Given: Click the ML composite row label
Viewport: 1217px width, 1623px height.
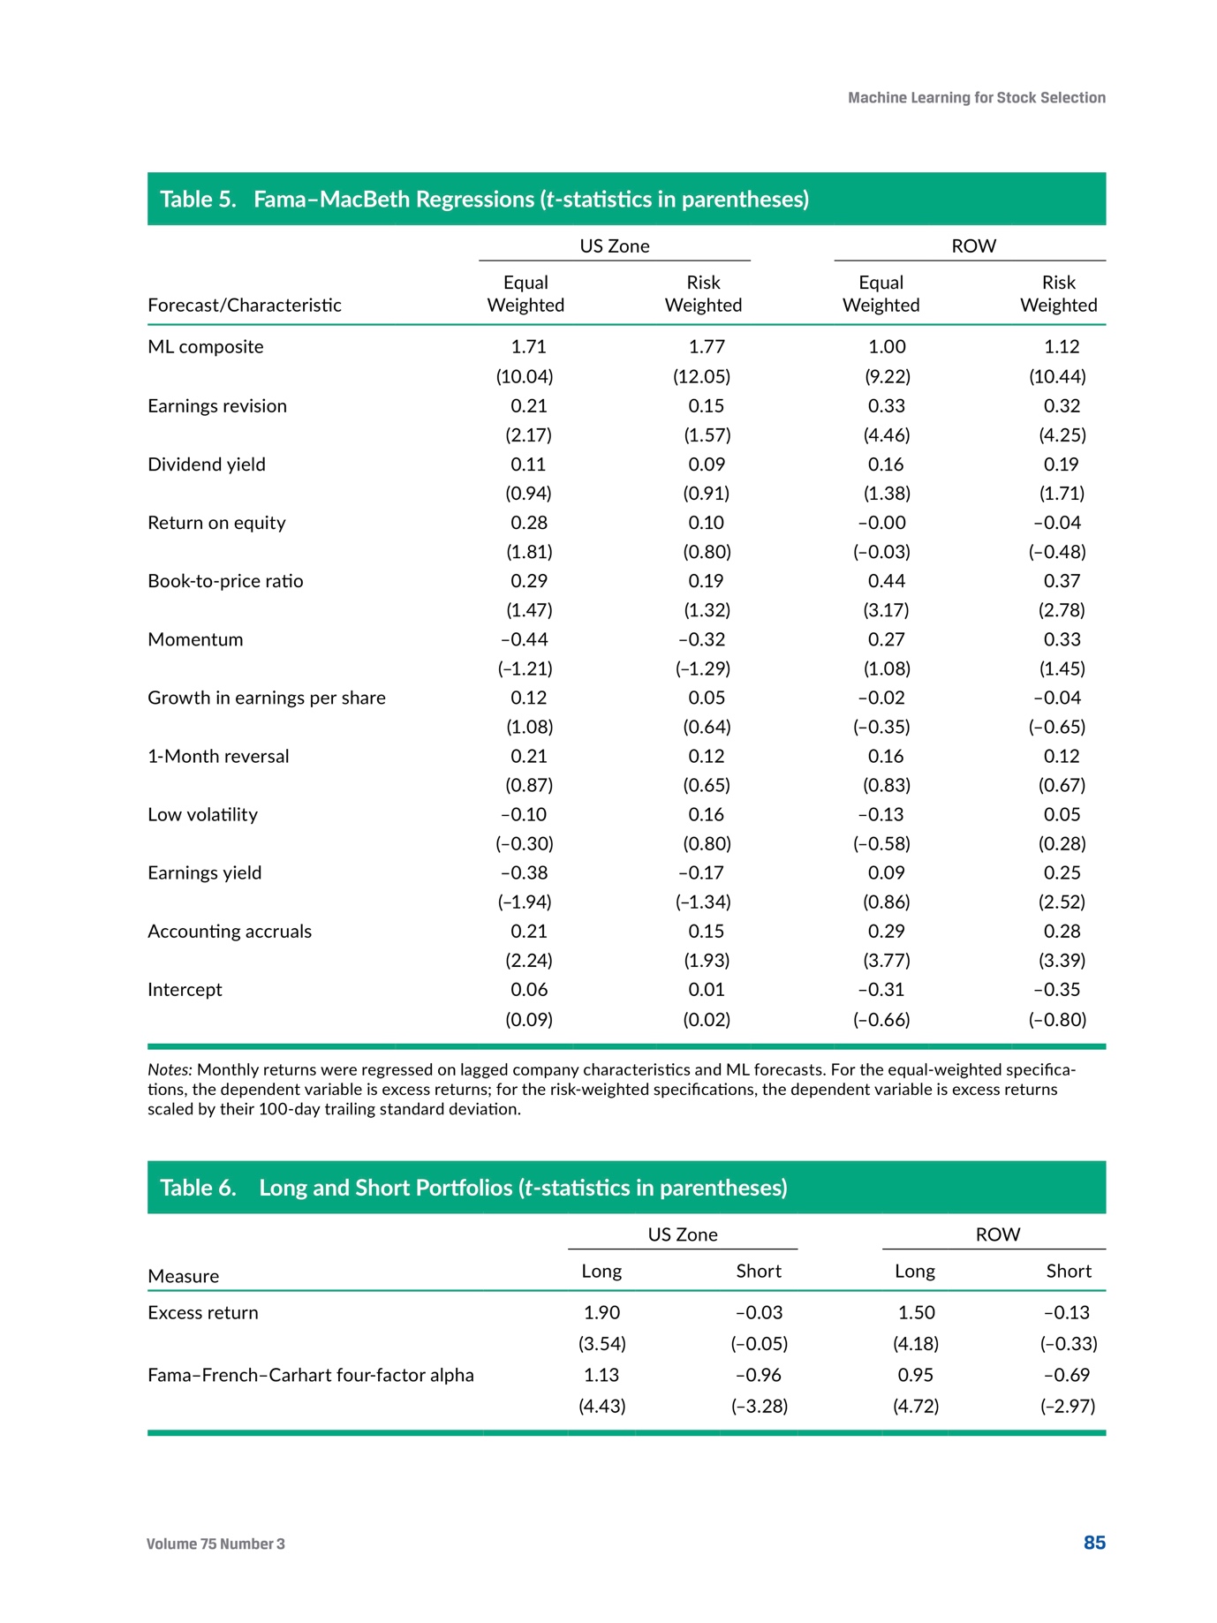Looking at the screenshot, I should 205,347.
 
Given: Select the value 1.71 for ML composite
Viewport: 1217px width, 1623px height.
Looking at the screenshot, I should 528,347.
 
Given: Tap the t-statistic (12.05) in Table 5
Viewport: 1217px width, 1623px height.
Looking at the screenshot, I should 702,376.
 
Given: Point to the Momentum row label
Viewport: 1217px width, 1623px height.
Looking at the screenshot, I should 195,639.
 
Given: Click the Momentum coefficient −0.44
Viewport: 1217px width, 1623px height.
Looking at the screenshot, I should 525,639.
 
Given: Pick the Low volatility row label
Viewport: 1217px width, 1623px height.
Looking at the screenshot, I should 202,814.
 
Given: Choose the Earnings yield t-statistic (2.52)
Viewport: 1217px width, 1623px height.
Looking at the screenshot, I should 1062,902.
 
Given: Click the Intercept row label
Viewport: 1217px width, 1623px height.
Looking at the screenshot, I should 185,989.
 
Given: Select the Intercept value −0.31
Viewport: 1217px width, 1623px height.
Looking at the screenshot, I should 881,989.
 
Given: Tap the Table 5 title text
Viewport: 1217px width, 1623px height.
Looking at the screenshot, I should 484,200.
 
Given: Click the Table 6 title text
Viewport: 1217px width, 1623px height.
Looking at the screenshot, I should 473,1188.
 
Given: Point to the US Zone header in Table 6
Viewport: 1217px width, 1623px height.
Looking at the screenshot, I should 683,1234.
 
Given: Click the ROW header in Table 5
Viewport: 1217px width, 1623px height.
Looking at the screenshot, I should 973,246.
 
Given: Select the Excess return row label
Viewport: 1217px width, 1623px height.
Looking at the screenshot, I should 203,1313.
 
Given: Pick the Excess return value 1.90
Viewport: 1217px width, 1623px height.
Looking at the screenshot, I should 602,1313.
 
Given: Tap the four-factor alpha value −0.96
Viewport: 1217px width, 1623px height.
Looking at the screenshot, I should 759,1375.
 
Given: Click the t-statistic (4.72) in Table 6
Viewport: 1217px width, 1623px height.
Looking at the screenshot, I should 916,1406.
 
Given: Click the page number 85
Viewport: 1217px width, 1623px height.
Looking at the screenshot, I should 1094,1543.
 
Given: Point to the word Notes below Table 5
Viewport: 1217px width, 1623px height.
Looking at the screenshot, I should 169,1070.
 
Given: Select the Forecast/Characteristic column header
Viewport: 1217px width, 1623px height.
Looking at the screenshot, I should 245,306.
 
